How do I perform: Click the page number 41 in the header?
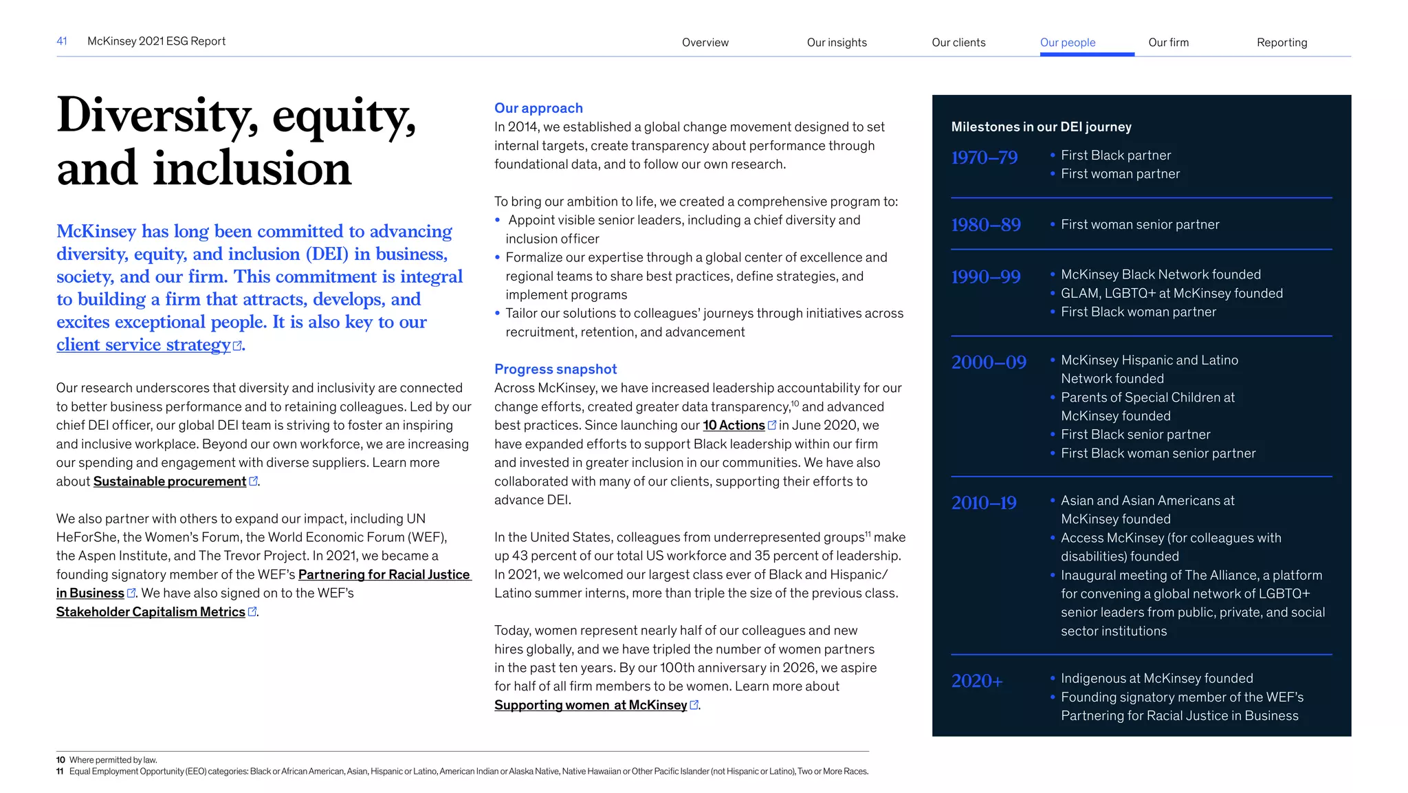61,41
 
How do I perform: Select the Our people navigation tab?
1067,43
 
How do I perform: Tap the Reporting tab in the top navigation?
1281,43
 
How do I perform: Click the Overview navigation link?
705,43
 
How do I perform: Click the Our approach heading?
538,108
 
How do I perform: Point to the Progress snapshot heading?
555,369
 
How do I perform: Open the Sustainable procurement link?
170,481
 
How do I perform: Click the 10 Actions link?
734,426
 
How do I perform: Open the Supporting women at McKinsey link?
591,705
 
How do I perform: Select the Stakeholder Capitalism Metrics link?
151,612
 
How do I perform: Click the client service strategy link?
144,345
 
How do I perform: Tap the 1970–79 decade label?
984,158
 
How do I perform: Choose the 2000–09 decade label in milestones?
989,362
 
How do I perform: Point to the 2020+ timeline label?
976,681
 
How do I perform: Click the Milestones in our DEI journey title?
1041,127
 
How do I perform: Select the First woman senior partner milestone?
1139,225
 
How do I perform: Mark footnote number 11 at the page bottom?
60,772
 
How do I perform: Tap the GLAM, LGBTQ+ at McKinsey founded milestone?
1171,294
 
